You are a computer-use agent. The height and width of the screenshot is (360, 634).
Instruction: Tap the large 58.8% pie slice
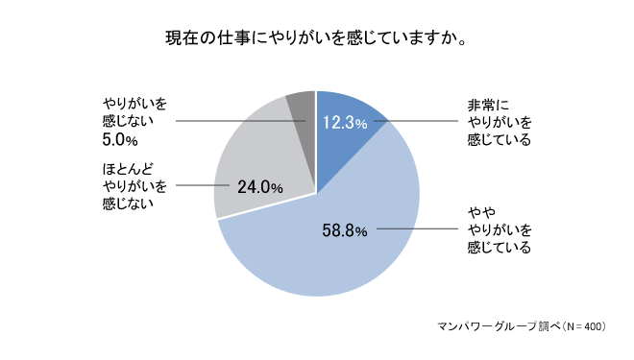(317, 259)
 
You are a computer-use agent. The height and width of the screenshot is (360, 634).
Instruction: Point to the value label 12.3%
(345, 122)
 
